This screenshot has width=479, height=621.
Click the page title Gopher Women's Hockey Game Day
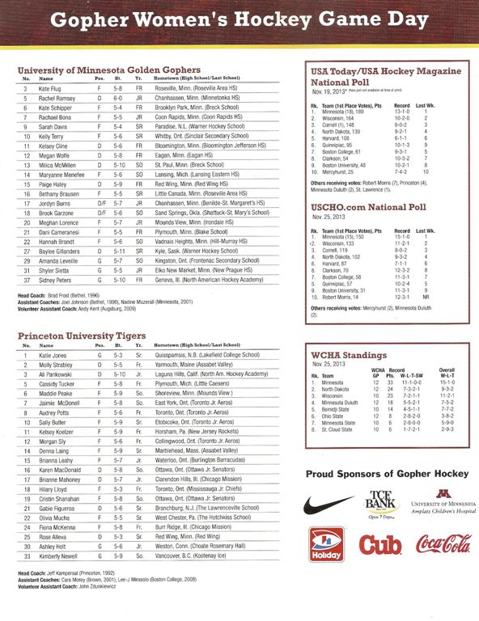point(239,19)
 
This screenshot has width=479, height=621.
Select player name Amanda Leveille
point(56,261)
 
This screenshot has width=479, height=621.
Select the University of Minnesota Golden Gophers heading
point(109,70)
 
